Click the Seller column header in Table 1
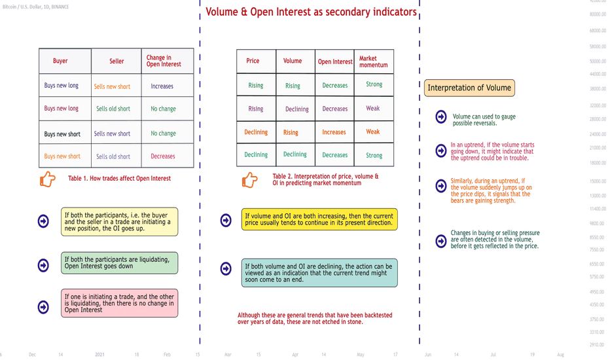point(117,61)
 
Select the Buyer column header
point(60,61)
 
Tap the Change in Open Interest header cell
point(164,61)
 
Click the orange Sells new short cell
point(112,86)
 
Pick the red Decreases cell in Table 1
point(163,156)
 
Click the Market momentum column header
point(374,62)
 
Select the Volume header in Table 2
point(293,61)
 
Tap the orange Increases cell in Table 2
point(334,132)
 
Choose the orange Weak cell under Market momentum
point(372,132)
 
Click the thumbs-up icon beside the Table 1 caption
point(48,179)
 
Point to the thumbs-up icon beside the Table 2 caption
point(250,180)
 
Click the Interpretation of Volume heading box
point(469,88)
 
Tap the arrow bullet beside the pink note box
point(43,307)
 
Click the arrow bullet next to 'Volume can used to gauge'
point(440,117)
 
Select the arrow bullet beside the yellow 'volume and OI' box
point(226,221)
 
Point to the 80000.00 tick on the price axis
point(598,14)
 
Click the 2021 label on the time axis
point(99,355)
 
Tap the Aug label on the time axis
point(560,355)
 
